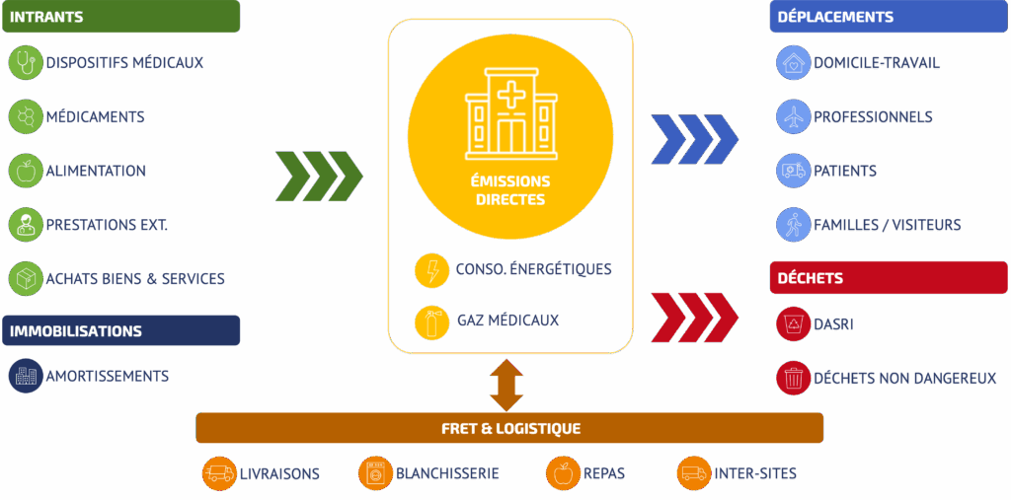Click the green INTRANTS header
[x=119, y=17]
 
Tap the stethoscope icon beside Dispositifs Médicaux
[x=26, y=63]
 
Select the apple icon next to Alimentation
[x=26, y=171]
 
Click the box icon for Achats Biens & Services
[x=26, y=279]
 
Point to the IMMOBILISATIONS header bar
[x=120, y=331]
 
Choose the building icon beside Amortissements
[x=26, y=376]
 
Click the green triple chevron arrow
[x=319, y=177]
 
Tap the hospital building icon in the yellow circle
[x=510, y=112]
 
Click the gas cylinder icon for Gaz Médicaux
[x=431, y=321]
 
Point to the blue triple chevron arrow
[x=694, y=138]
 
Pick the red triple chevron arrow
[x=694, y=317]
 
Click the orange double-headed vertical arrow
[x=506, y=385]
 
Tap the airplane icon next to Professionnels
[x=793, y=117]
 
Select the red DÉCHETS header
[x=889, y=278]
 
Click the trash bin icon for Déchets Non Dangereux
[x=793, y=378]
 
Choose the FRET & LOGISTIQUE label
[x=509, y=428]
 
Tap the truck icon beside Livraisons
[x=219, y=473]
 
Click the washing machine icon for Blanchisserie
[x=375, y=473]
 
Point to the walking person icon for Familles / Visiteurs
[x=793, y=225]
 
